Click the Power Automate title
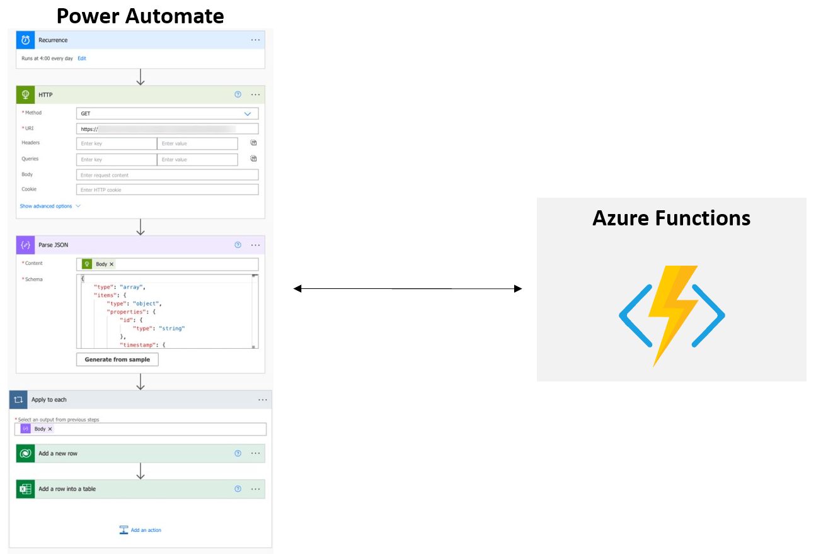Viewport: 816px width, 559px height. point(140,15)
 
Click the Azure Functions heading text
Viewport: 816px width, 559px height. point(671,218)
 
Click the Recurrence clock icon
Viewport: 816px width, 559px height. point(25,40)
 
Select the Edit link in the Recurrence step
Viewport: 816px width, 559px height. point(82,59)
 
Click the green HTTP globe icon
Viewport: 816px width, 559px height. point(25,95)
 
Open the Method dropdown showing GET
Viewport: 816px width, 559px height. point(167,114)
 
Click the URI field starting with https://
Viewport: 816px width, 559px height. point(167,129)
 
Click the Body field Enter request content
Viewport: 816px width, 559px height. point(167,175)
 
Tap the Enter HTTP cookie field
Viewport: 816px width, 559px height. point(167,189)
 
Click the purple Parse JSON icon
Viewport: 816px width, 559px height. point(25,245)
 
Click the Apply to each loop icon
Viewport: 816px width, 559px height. point(18,400)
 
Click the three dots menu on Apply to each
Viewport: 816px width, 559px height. point(263,400)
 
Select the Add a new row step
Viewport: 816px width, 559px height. point(58,453)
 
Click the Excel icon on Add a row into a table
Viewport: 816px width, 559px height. point(25,489)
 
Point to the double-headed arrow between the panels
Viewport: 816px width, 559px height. point(408,289)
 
